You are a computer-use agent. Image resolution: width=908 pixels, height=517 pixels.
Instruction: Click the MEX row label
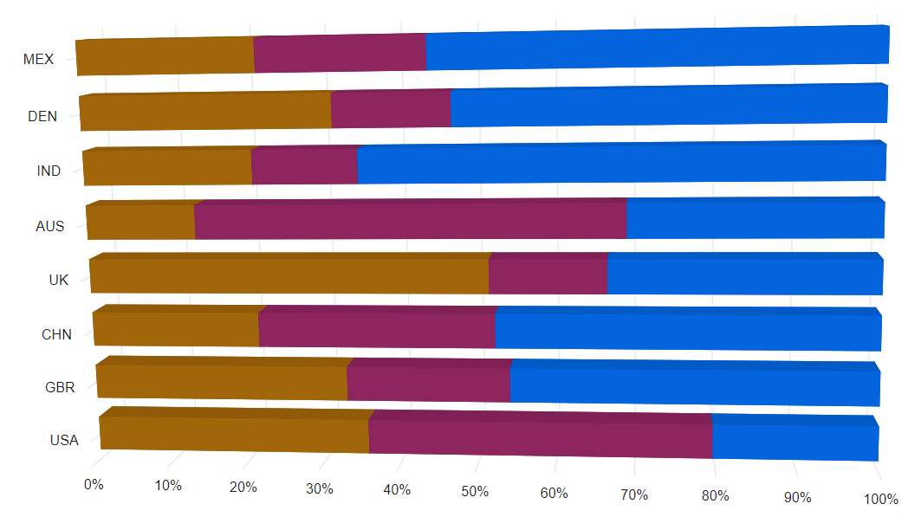38,60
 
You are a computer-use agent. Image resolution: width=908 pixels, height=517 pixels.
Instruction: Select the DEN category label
42,116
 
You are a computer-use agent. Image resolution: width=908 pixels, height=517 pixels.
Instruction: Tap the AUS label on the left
49,227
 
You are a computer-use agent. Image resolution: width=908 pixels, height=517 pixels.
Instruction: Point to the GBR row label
60,387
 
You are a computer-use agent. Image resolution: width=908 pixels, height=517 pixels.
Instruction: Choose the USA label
64,440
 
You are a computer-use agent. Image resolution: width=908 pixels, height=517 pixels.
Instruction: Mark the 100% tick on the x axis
881,499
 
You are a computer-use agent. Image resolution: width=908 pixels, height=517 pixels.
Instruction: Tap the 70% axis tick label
634,494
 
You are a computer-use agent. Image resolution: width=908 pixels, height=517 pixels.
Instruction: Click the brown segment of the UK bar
289,276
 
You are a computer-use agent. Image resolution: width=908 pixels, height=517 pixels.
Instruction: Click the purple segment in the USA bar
540,436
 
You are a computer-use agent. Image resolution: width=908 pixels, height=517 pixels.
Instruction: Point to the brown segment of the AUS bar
140,223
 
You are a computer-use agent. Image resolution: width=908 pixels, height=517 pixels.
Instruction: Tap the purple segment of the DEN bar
391,111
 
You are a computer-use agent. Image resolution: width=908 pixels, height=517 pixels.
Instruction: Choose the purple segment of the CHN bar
376,329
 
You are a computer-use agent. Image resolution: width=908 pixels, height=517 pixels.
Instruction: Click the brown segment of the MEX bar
165,56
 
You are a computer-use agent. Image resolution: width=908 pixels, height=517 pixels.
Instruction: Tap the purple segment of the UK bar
548,276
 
